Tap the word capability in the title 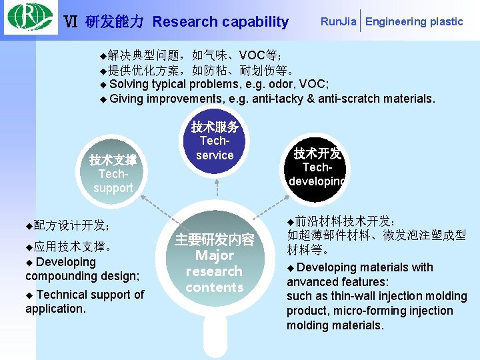(x=255, y=22)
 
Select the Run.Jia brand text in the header (x=338, y=21)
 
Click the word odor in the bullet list (x=267, y=84)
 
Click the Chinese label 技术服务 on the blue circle (x=215, y=127)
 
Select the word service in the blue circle (x=215, y=155)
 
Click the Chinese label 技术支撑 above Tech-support (x=113, y=160)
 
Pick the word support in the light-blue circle (x=113, y=188)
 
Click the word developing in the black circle (x=317, y=182)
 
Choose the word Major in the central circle (x=215, y=255)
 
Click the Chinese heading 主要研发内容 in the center (x=215, y=240)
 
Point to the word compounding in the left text (x=58, y=276)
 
